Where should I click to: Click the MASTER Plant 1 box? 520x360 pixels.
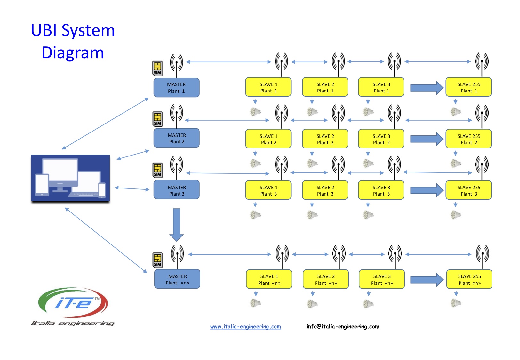(176, 87)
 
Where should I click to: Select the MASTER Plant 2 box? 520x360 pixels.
(176, 138)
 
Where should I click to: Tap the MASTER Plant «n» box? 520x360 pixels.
(177, 279)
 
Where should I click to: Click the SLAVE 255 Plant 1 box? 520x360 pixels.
(468, 87)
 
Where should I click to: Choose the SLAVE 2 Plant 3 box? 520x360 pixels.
(325, 190)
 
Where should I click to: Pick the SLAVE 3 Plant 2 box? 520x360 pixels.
(381, 139)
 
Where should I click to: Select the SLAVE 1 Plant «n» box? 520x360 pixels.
(269, 279)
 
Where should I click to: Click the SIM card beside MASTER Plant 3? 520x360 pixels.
(157, 170)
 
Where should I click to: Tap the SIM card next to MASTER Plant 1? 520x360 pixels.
(157, 68)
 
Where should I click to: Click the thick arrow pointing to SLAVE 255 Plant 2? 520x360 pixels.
(427, 139)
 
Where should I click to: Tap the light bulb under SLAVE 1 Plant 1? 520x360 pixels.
(255, 112)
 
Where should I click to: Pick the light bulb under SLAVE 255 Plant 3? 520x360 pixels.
(455, 215)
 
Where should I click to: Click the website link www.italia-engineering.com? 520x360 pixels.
(246, 327)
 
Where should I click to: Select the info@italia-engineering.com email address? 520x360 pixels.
(343, 327)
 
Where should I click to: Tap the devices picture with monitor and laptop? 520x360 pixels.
(70, 178)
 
